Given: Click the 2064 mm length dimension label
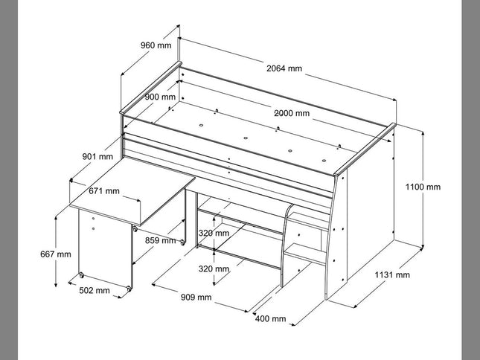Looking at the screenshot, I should [284, 68].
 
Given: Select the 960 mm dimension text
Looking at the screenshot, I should [156, 45].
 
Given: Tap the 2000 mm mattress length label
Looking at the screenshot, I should [292, 113].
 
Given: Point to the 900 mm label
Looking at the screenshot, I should [160, 97].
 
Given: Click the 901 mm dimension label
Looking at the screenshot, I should [97, 156].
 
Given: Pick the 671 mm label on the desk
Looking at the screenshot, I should [103, 191].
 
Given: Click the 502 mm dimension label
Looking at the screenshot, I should [95, 290].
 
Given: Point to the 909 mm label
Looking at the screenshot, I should [196, 298].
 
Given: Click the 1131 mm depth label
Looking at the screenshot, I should [392, 274].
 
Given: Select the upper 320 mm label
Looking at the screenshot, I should [214, 232].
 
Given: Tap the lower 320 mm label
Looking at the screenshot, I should [214, 269].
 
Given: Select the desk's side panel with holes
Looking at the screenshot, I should [104, 242].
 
